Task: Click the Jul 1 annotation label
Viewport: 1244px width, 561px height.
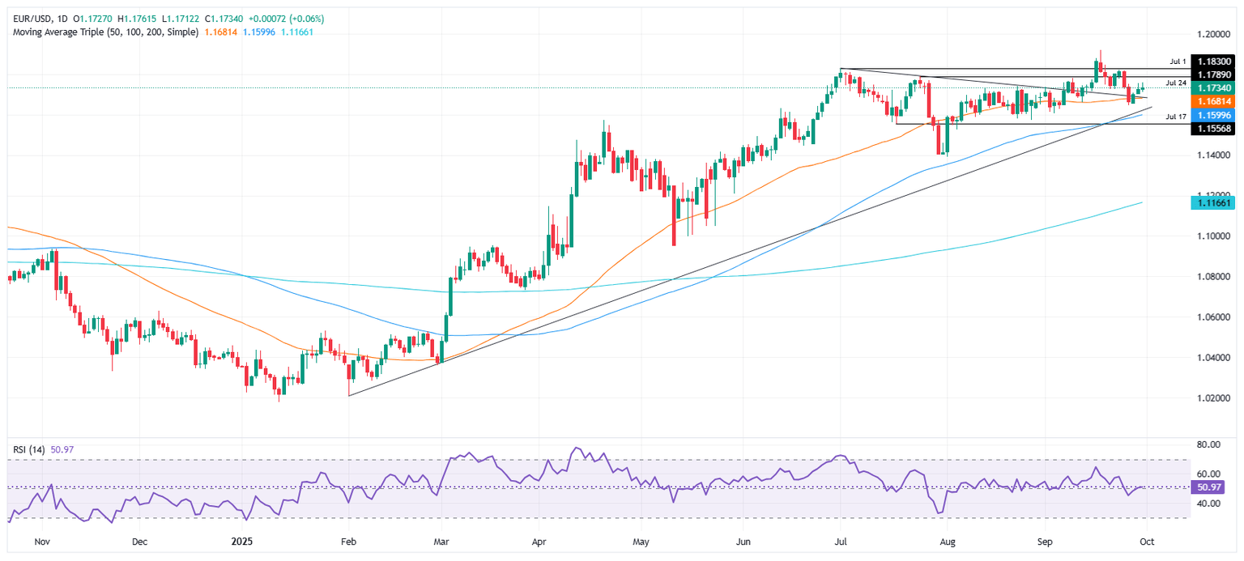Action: click(1178, 62)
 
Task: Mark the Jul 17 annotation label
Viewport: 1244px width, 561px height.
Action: click(1176, 117)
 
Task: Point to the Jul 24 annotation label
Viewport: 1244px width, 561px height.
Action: click(1176, 83)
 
